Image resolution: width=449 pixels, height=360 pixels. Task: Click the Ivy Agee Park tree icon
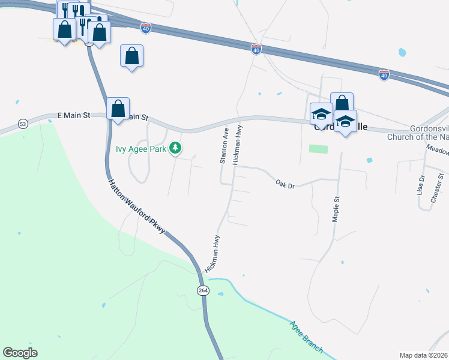175,148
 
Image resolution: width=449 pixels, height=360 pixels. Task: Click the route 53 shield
23,124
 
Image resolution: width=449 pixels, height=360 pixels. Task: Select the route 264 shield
203,290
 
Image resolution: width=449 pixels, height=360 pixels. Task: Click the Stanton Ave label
225,146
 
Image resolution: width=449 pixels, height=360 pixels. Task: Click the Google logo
20,353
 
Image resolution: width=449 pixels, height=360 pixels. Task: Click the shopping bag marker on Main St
118,109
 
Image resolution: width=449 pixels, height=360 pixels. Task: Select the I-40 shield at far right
384,74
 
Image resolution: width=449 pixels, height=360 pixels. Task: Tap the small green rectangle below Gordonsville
319,149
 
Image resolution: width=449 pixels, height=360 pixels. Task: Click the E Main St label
74,115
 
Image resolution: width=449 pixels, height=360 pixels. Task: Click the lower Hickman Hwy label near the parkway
212,254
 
